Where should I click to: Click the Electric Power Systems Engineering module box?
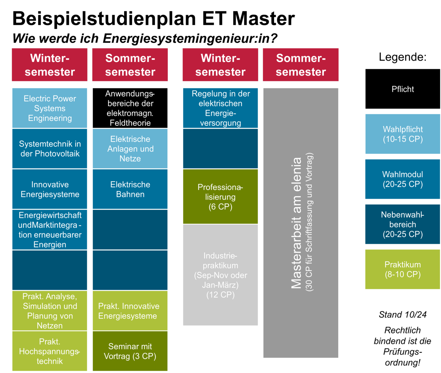(50, 108)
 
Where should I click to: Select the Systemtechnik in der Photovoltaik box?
(50, 149)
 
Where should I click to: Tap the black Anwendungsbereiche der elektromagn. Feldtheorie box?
(130, 108)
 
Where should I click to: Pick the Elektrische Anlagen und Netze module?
(130, 149)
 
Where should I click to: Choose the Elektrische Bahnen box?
(130, 189)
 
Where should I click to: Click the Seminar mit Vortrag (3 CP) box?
(130, 351)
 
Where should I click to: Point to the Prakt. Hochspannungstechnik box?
(50, 351)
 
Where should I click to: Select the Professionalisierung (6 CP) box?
(220, 197)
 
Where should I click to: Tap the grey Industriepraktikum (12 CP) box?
(220, 275)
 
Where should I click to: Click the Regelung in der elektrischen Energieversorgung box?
(220, 108)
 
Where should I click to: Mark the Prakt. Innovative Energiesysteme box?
(130, 311)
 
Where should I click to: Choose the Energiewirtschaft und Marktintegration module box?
(50, 230)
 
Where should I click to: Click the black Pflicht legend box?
(402, 89)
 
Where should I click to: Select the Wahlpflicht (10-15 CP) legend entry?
(402, 134)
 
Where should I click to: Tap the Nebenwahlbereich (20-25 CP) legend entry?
(402, 224)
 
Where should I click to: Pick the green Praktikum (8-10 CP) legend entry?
(402, 269)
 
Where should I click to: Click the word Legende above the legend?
(402, 57)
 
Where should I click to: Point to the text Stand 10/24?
(402, 314)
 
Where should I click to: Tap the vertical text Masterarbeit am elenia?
(296, 223)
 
